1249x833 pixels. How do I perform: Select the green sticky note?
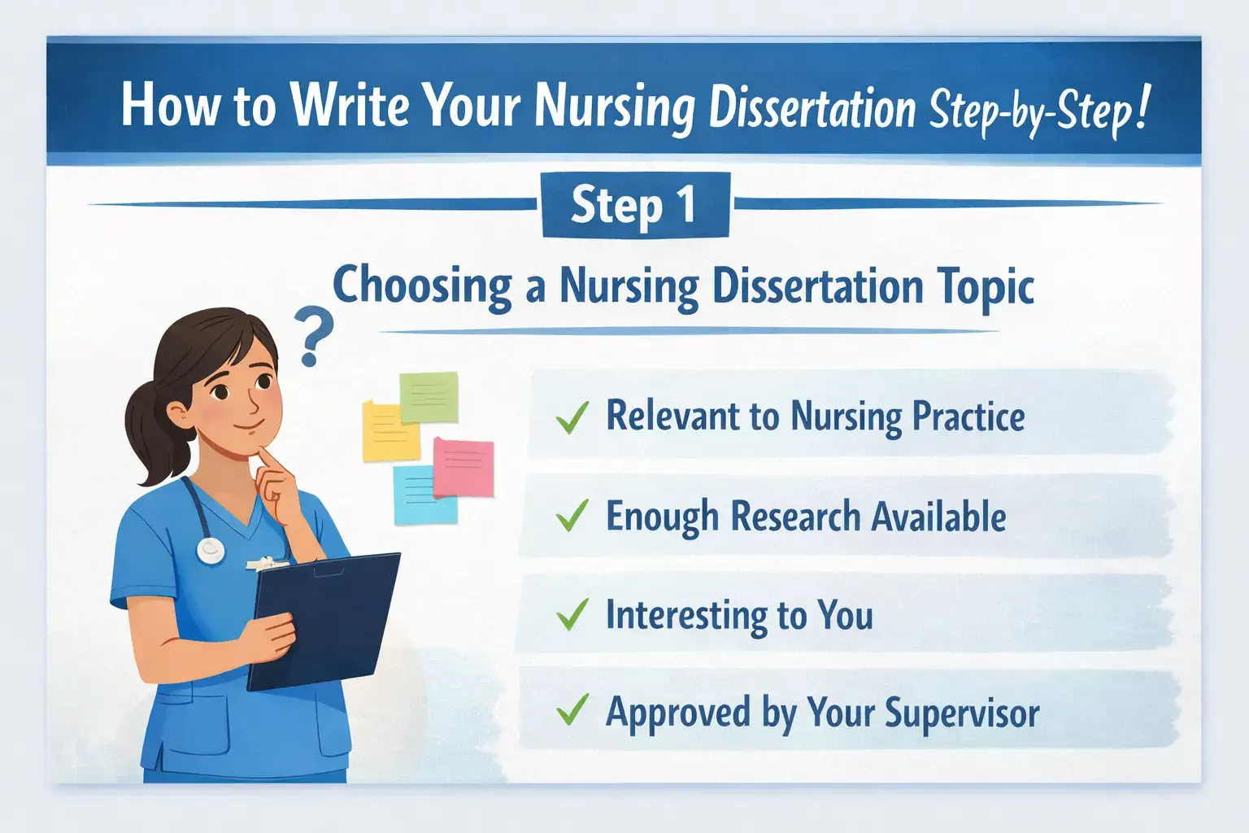click(x=429, y=396)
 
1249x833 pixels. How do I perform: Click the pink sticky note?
click(x=464, y=467)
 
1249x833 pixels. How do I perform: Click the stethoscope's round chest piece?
click(x=211, y=551)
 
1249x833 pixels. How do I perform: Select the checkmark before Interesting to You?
click(x=572, y=615)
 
